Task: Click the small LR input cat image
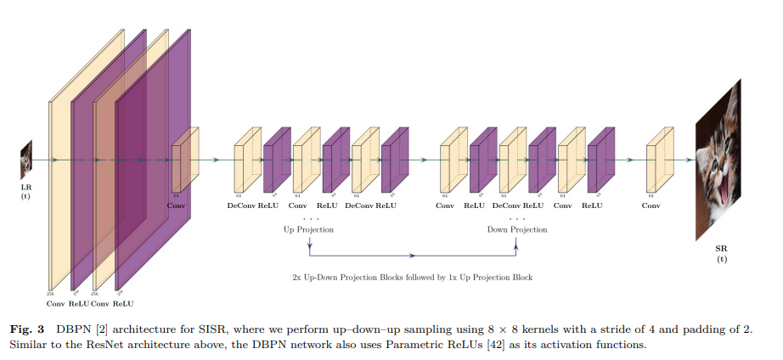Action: pyautogui.click(x=26, y=159)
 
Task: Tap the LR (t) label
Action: pyautogui.click(x=26, y=191)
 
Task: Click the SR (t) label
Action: pyautogui.click(x=721, y=253)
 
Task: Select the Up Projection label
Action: pyautogui.click(x=308, y=229)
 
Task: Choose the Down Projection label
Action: pyautogui.click(x=516, y=229)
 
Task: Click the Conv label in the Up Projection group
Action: pyautogui.click(x=297, y=205)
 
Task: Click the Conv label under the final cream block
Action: pyautogui.click(x=651, y=205)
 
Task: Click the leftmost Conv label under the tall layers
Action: pyautogui.click(x=55, y=303)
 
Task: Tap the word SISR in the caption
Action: pyautogui.click(x=211, y=328)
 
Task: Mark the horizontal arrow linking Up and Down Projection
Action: pyautogui.click(x=413, y=254)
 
